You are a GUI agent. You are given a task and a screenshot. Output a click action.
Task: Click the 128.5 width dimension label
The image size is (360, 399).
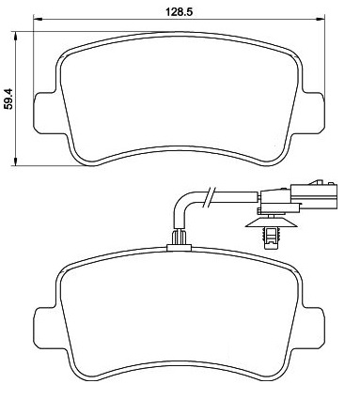pyautogui.click(x=179, y=12)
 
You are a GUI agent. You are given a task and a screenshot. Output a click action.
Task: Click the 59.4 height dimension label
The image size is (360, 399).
pyautogui.click(x=8, y=99)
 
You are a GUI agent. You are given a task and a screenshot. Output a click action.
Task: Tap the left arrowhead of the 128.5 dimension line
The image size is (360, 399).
pyautogui.click(x=38, y=20)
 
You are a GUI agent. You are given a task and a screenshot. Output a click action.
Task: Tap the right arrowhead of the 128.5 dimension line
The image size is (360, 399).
pyautogui.click(x=321, y=20)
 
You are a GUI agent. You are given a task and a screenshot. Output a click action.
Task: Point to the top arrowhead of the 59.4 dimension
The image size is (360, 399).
pyautogui.click(x=15, y=36)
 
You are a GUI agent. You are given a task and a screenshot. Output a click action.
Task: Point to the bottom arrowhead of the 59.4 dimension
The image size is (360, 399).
pyautogui.click(x=15, y=161)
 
